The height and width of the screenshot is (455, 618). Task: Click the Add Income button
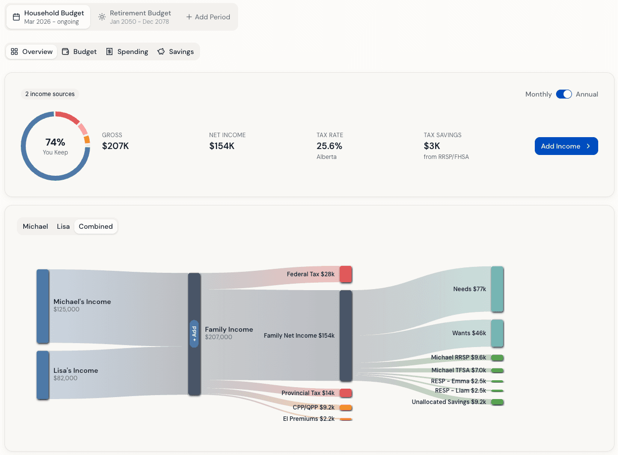(566, 146)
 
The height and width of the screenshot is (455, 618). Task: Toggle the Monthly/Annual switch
(564, 94)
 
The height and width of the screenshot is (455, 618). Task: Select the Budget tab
(79, 51)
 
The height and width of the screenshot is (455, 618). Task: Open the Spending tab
(127, 51)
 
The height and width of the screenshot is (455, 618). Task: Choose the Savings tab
(175, 51)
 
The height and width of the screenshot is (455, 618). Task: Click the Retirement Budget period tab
(135, 17)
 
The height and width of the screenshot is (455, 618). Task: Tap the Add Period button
(208, 17)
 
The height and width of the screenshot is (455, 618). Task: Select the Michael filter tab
(35, 226)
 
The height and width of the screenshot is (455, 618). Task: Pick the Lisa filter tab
(63, 226)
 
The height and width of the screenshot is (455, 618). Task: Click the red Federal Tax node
(346, 274)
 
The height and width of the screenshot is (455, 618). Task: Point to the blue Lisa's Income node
(43, 375)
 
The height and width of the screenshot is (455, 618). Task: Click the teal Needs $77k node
(497, 289)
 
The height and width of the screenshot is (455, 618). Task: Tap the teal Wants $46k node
(497, 333)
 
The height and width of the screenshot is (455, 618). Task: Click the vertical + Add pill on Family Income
(194, 333)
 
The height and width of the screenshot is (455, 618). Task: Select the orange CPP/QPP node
(346, 407)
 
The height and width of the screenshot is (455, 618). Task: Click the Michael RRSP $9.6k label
(459, 357)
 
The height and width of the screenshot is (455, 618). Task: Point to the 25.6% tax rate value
(329, 146)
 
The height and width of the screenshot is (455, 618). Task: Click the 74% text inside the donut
(55, 143)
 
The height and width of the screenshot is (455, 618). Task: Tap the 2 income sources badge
(50, 94)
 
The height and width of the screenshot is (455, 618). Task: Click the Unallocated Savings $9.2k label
(449, 402)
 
